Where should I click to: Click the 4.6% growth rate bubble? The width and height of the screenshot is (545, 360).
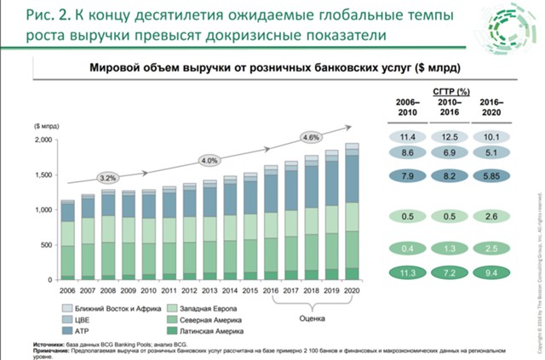tap(310, 137)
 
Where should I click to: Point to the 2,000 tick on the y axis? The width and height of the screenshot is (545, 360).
tap(43, 140)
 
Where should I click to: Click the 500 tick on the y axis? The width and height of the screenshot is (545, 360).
tap(48, 244)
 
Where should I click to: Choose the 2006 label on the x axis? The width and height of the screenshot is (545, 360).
tap(68, 290)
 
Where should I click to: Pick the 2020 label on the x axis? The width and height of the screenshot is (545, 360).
tap(351, 290)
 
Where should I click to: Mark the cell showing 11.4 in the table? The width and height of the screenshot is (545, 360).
tap(407, 137)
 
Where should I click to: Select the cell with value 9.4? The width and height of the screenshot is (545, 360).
tap(490, 273)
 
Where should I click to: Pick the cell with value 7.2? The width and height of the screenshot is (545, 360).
tap(448, 273)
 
